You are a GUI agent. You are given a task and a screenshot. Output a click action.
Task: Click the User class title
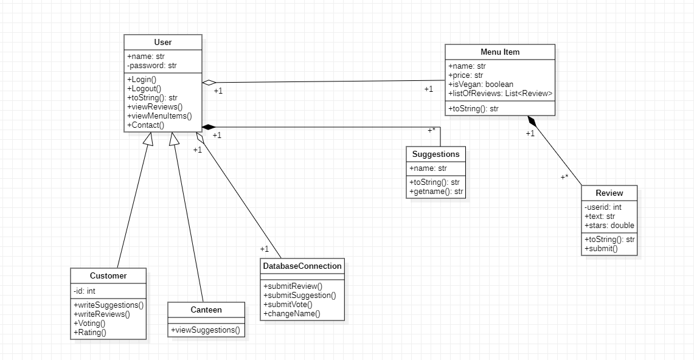pyautogui.click(x=163, y=43)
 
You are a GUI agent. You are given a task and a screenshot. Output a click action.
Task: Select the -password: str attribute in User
pyautogui.click(x=152, y=66)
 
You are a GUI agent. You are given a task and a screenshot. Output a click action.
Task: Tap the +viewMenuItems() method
pyautogui.click(x=159, y=116)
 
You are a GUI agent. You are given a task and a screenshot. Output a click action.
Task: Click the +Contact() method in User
pyautogui.click(x=146, y=125)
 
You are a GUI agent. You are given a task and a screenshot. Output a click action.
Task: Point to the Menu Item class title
pyautogui.click(x=500, y=52)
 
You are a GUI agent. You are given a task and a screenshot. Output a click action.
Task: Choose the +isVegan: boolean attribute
pyautogui.click(x=481, y=85)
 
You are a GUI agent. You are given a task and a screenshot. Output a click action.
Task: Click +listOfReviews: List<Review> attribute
pyautogui.click(x=500, y=94)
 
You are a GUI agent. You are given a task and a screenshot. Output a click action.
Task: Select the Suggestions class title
pyautogui.click(x=436, y=154)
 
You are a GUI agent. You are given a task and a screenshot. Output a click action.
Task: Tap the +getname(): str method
pyautogui.click(x=437, y=192)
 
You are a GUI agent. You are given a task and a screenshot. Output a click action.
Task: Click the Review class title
pyautogui.click(x=609, y=193)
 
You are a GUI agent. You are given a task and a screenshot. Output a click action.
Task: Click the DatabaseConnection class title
pyautogui.click(x=302, y=266)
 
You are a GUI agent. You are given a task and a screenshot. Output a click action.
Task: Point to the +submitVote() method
pyautogui.click(x=288, y=305)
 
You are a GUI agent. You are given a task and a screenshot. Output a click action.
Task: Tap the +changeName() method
pyautogui.click(x=291, y=314)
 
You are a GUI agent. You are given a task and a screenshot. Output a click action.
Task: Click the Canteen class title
pyautogui.click(x=206, y=310)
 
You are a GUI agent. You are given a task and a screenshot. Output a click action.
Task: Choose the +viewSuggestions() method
pyautogui.click(x=206, y=330)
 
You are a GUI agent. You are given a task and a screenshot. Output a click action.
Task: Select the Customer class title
pyautogui.click(x=108, y=276)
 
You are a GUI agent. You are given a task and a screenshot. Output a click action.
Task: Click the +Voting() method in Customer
pyautogui.click(x=89, y=324)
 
